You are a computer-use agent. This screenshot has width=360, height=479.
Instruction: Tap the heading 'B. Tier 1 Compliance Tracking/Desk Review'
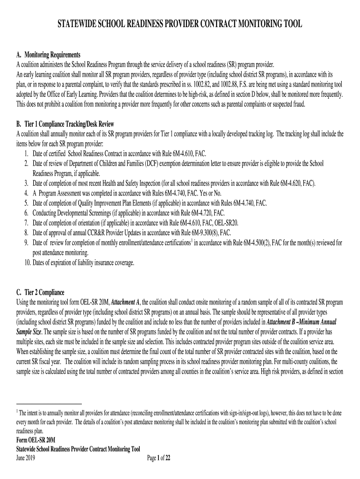point(65,124)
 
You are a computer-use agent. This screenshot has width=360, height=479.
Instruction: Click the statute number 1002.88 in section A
point(210,84)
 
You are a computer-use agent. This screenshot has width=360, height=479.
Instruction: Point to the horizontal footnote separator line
point(49,403)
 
